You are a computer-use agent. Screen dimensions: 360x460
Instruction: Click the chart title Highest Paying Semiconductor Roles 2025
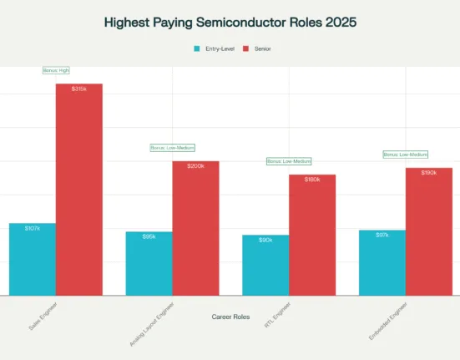tap(230, 23)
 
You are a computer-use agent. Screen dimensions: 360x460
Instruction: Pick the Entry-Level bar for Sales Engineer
tap(33, 259)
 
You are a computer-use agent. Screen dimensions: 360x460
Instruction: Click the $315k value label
tap(79, 89)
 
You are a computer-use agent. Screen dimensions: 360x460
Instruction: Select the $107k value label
tap(33, 228)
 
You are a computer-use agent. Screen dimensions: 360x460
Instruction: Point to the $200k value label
tap(195, 166)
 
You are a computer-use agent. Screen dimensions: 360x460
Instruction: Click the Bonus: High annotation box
tap(56, 70)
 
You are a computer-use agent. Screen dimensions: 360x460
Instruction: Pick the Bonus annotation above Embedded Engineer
tap(406, 155)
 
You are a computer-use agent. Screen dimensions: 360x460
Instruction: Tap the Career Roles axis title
tap(230, 317)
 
